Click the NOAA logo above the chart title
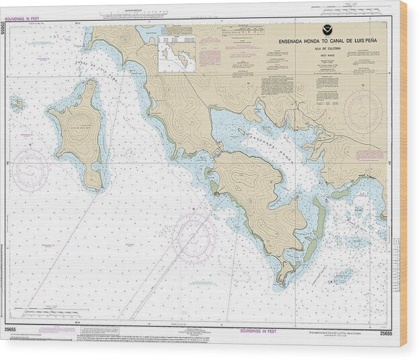[x=325, y=30]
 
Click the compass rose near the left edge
[x=30, y=169]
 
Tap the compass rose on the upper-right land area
[x=362, y=111]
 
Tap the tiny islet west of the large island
[x=17, y=104]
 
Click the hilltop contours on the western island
[x=81, y=126]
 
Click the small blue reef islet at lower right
[x=343, y=275]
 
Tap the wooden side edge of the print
[x=403, y=175]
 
